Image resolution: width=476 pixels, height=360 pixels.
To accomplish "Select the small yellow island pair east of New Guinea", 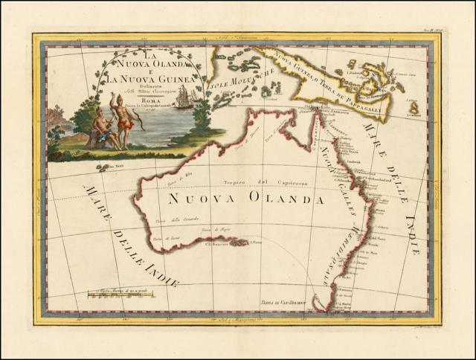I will (x=414, y=106).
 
